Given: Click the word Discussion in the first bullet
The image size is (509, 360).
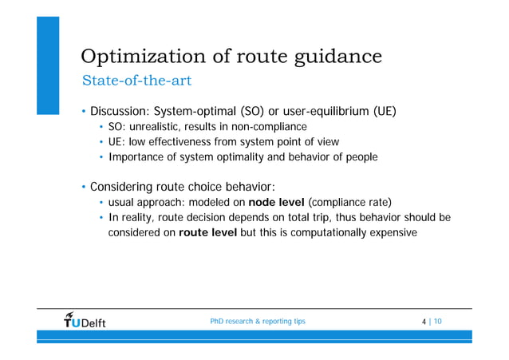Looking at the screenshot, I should pos(118,110).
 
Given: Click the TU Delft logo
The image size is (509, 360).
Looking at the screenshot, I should pos(84,321).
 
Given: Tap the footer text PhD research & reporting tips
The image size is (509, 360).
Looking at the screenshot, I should pos(257,322).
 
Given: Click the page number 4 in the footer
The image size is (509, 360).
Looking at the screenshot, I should pos(423,322).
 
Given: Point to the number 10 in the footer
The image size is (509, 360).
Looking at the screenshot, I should pos(439,322).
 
